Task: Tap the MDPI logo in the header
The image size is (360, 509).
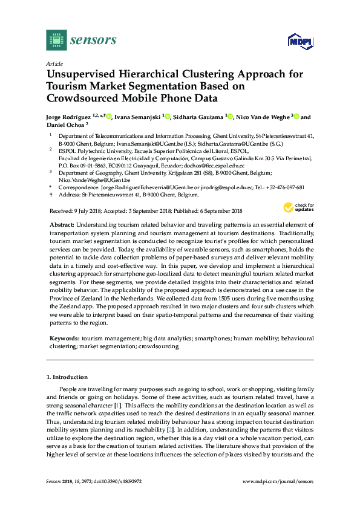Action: coord(299,42)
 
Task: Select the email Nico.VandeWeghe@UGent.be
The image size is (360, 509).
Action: coord(94,180)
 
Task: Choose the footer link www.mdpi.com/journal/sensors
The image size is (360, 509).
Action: coord(278,481)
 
